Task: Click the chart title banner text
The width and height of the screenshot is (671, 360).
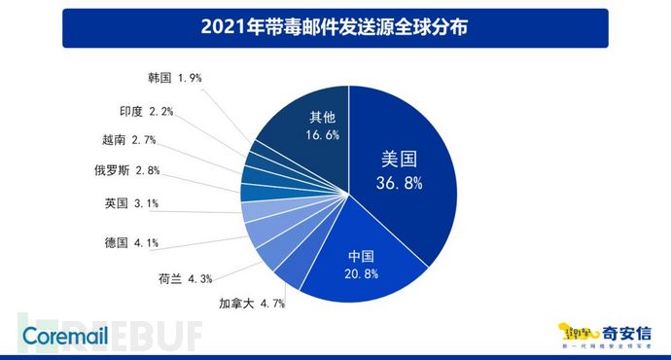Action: pos(335,27)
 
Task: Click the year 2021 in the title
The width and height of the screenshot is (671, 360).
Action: pos(221,27)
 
